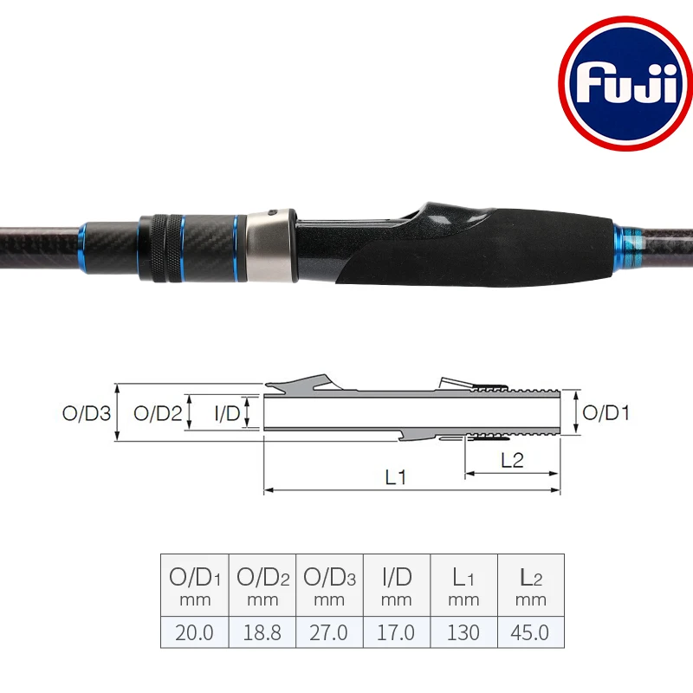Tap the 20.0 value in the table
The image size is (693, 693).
click(194, 632)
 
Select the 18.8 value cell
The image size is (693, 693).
click(262, 632)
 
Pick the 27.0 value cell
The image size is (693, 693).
click(329, 632)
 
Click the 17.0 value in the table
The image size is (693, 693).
click(396, 632)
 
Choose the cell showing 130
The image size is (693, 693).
click(463, 632)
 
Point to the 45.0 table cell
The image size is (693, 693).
click(530, 632)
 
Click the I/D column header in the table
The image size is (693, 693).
click(396, 585)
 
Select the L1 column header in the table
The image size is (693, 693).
click(463, 585)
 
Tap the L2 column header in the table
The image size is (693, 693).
click(530, 585)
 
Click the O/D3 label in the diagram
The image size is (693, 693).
click(88, 413)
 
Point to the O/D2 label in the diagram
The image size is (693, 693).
click(158, 413)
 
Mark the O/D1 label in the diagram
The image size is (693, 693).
click(606, 413)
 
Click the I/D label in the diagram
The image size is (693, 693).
click(228, 413)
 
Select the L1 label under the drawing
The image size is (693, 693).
click(397, 477)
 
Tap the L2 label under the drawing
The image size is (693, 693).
click(512, 461)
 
